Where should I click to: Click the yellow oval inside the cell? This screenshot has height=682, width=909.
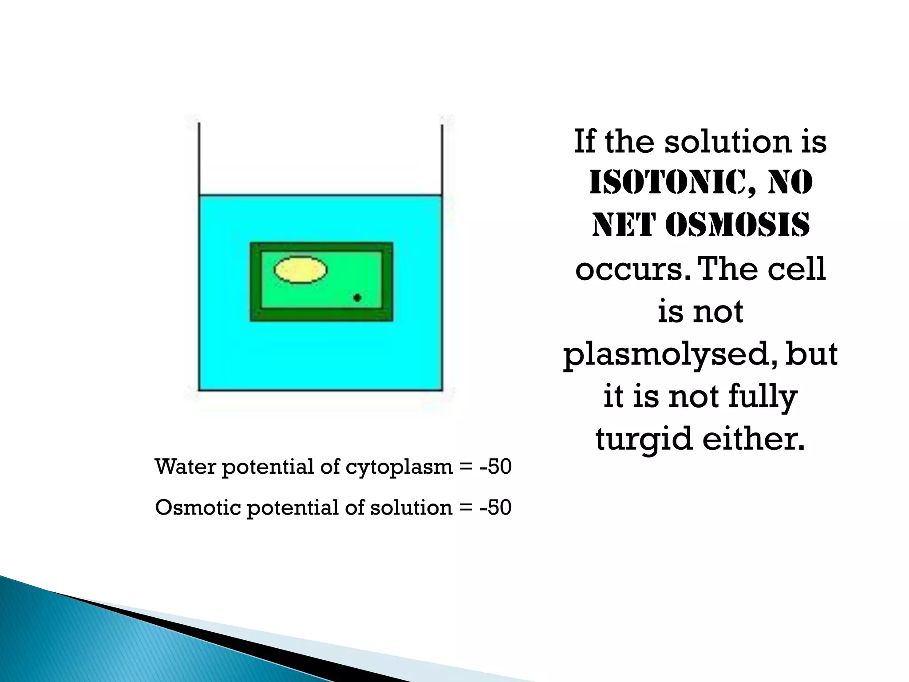(x=301, y=270)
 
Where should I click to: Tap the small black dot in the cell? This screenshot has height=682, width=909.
(x=357, y=297)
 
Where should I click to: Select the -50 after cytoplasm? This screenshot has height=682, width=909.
(x=496, y=467)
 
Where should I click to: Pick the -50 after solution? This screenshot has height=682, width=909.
(x=496, y=508)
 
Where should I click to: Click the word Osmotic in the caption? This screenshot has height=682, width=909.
(x=198, y=508)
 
